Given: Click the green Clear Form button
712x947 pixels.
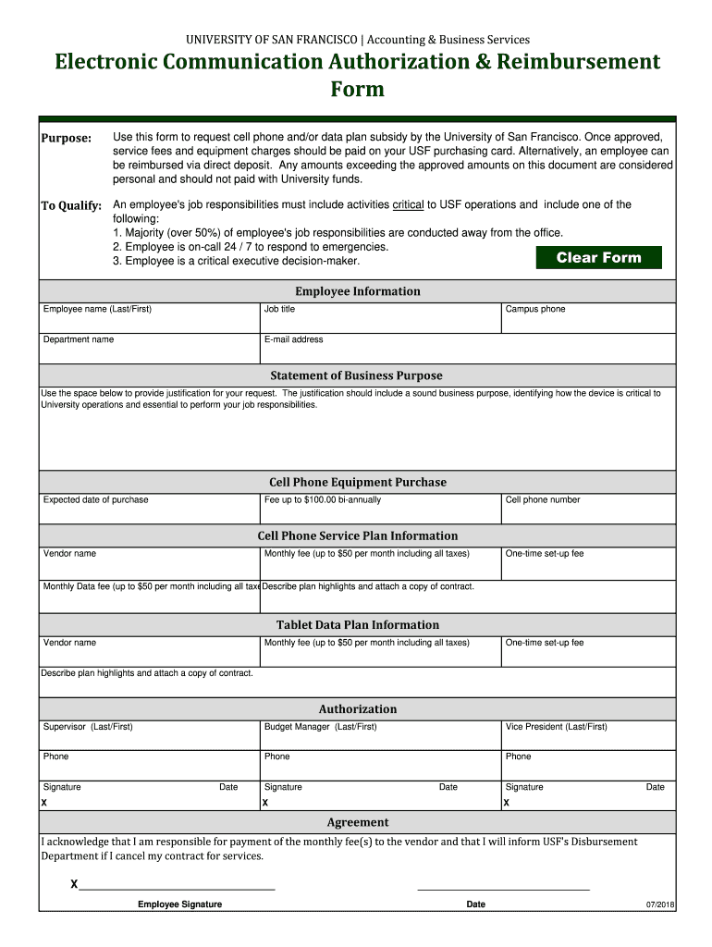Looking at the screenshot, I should pyautogui.click(x=599, y=258).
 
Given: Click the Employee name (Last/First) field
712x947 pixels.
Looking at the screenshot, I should pyautogui.click(x=149, y=319).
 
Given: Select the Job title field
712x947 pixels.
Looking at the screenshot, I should pyautogui.click(x=380, y=319).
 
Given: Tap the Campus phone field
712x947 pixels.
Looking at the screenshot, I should pyautogui.click(x=588, y=319).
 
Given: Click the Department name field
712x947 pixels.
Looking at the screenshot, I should pyautogui.click(x=149, y=350).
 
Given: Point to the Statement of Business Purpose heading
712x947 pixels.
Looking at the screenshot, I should pyautogui.click(x=356, y=375).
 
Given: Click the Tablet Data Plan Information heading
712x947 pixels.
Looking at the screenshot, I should pyautogui.click(x=357, y=625).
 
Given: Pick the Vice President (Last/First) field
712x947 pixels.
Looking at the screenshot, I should pyautogui.click(x=588, y=736).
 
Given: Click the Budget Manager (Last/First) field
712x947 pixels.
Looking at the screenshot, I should pyautogui.click(x=380, y=736).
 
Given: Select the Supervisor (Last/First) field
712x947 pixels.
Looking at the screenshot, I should pyautogui.click(x=149, y=736).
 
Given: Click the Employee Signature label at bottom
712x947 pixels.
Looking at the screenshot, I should pyautogui.click(x=179, y=904).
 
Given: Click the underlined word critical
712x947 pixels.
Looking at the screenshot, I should pyautogui.click(x=408, y=205).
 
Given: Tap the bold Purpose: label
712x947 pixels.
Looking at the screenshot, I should pyautogui.click(x=66, y=139).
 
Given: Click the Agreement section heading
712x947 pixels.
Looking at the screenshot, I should pyautogui.click(x=357, y=823).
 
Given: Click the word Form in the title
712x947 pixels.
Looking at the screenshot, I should pyautogui.click(x=357, y=90).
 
